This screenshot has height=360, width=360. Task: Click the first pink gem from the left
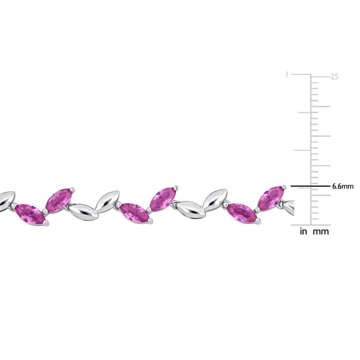pos(30,214)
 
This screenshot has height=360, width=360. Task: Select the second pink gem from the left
pos(59,200)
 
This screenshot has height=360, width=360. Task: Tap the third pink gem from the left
pos(134,212)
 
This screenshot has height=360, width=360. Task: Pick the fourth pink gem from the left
pos(163,199)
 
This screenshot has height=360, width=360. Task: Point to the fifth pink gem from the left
pos(242,213)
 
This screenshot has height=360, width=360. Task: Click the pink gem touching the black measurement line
pos(271,198)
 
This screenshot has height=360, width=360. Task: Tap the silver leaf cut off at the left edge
pos(6,200)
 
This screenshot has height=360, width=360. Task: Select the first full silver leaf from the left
pos(83,212)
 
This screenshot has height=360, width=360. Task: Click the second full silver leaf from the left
pos(107,201)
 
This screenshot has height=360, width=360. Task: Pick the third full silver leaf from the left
pos(191,209)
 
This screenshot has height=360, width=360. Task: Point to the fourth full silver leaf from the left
pos(215,200)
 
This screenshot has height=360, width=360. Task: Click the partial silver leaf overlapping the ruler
pos(289,208)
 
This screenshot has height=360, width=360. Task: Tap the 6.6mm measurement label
pos(343,187)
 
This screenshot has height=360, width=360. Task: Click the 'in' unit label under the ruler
pos(304,232)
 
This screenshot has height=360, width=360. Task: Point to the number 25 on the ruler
pos(334,77)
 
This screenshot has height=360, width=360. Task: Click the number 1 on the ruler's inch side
pos(287,74)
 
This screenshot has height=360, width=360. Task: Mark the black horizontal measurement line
pos(310,187)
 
